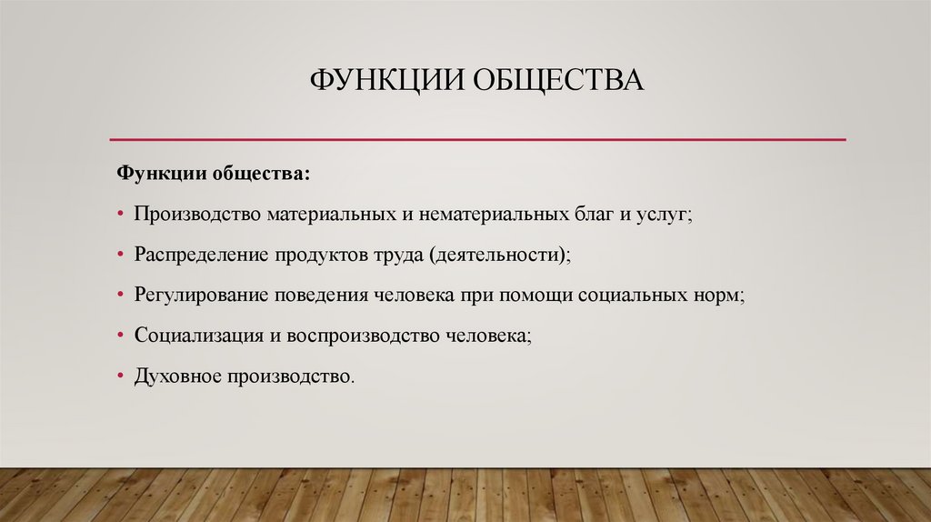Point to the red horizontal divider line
(x=477, y=139)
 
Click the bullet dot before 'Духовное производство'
(x=120, y=376)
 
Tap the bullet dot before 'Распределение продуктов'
(x=120, y=256)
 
